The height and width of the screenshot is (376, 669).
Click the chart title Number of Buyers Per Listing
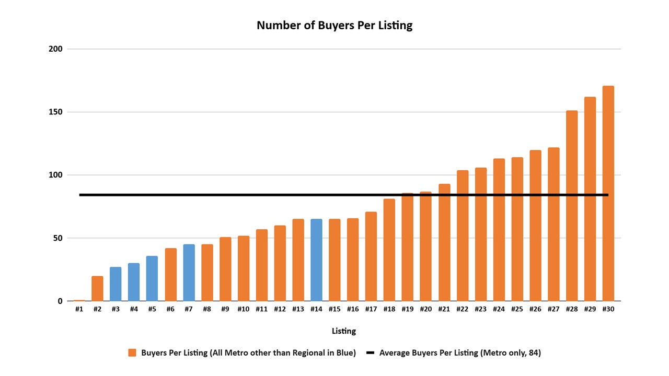coord(334,25)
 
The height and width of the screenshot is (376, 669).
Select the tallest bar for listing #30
coord(608,193)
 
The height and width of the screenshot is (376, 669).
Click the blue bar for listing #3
coord(116,284)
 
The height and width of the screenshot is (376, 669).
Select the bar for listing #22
coord(463,236)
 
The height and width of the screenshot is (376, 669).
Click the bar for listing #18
coord(389,250)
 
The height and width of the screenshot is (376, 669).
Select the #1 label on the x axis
coord(79,309)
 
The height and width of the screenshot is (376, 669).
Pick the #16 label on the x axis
coord(353,309)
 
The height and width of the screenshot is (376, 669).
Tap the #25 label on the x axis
coord(517,309)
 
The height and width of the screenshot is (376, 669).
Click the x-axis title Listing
coord(344,331)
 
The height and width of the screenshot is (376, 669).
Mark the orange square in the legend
coord(132,353)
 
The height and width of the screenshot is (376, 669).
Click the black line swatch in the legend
coord(371,353)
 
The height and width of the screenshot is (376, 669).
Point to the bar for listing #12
coord(280,263)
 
